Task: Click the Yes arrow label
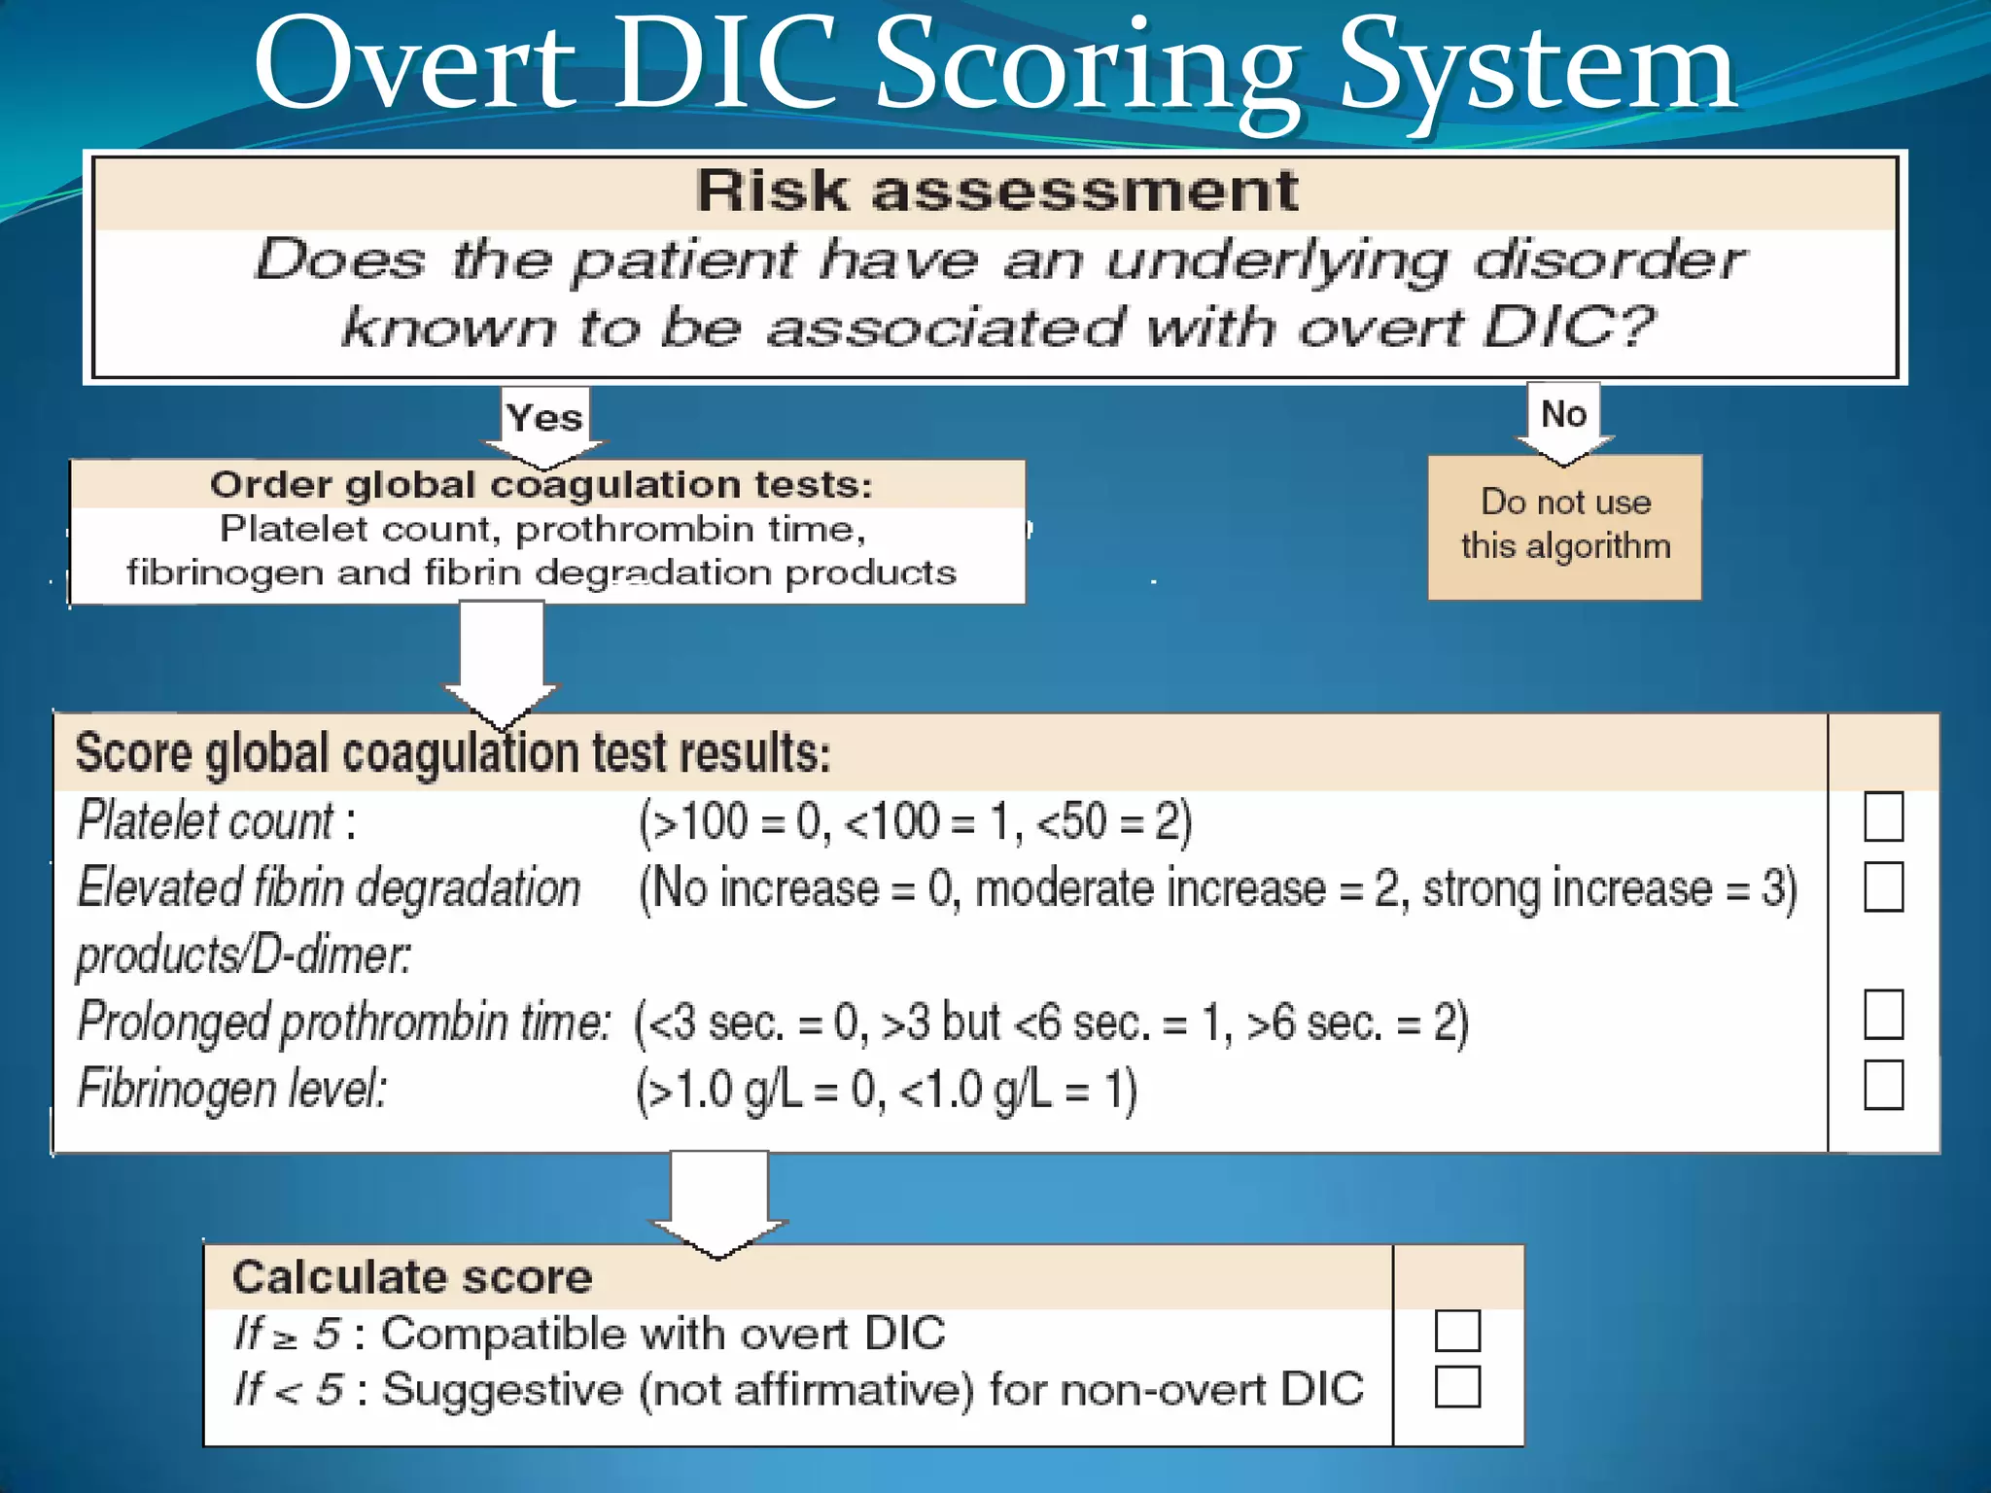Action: pyautogui.click(x=544, y=418)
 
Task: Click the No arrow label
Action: pyautogui.click(x=1563, y=414)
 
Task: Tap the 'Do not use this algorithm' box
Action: pyautogui.click(x=1564, y=526)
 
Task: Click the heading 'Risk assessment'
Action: pyautogui.click(x=995, y=191)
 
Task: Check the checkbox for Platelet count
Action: pyautogui.click(x=1883, y=816)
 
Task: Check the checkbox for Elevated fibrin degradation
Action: pyautogui.click(x=1883, y=886)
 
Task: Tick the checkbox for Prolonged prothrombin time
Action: pyautogui.click(x=1883, y=1015)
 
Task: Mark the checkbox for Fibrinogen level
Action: pyautogui.click(x=1883, y=1085)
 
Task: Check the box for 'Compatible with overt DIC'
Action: pyautogui.click(x=1457, y=1331)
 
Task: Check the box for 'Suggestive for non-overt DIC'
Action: pyautogui.click(x=1457, y=1387)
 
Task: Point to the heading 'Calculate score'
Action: pyautogui.click(x=412, y=1277)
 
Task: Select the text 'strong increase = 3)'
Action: pyautogui.click(x=1609, y=888)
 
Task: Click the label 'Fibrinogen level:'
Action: pyautogui.click(x=231, y=1088)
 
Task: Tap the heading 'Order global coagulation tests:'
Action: pyautogui.click(x=541, y=484)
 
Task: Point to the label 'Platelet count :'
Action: pyautogui.click(x=216, y=820)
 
